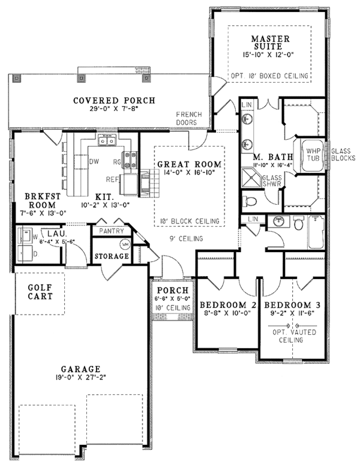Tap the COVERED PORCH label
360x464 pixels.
[114, 100]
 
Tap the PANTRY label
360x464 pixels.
[112, 231]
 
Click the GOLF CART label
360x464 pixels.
[40, 292]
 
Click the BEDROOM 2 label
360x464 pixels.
[228, 305]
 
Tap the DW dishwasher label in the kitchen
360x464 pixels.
[94, 161]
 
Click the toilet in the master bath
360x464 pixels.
[251, 200]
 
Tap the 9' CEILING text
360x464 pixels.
[187, 239]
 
